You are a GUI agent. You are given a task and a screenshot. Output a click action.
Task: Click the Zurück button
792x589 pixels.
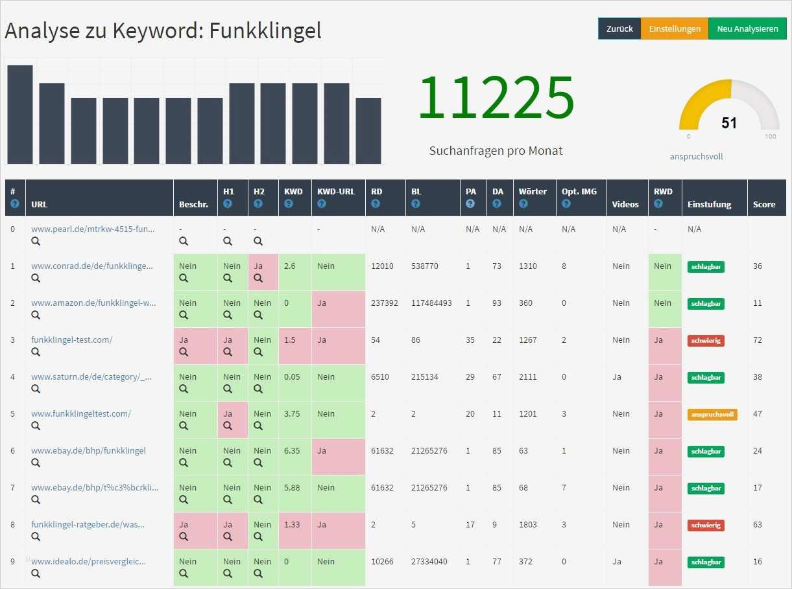619,29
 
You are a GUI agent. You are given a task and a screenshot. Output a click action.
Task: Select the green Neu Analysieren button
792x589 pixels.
747,29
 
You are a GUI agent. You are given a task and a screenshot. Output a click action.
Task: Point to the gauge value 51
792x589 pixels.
729,123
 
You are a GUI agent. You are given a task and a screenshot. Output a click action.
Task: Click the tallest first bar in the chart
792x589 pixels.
20,114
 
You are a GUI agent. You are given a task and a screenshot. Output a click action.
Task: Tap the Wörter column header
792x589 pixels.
533,192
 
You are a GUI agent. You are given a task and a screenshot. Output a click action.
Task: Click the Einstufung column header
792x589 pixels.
710,204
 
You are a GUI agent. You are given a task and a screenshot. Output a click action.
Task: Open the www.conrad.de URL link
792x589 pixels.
92,266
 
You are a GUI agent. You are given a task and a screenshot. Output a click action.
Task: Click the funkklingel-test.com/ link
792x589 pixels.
71,340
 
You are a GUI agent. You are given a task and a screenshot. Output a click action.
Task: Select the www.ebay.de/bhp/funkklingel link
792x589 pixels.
88,450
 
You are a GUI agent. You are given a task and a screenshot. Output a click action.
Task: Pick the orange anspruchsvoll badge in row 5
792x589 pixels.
712,415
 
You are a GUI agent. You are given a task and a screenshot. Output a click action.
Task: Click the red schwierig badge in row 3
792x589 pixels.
706,341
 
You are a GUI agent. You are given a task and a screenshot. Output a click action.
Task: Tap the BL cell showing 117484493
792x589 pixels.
431,303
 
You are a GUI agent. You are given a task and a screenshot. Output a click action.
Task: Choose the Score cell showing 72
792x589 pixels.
758,340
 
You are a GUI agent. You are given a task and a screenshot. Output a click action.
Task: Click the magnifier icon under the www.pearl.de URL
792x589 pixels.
36,241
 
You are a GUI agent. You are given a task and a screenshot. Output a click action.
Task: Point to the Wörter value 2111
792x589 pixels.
527,376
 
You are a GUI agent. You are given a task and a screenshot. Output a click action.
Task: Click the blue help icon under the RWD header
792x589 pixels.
658,203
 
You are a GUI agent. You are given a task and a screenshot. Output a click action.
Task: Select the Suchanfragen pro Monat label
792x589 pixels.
496,151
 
